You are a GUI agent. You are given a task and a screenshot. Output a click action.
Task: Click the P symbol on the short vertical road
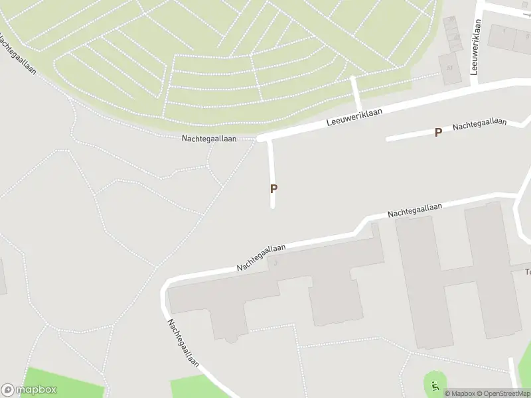273,188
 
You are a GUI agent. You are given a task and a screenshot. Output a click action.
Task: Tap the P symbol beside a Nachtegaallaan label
438,132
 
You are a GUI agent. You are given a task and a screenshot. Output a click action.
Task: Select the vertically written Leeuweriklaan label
475,46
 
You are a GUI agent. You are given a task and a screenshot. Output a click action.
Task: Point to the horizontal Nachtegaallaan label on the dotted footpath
209,139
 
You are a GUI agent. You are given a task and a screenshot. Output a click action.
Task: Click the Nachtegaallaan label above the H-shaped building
415,210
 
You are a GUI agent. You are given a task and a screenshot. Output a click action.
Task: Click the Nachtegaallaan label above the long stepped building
262,257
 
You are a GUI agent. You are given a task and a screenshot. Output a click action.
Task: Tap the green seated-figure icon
435,385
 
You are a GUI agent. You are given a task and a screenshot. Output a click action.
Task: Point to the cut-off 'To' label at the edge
528,271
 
